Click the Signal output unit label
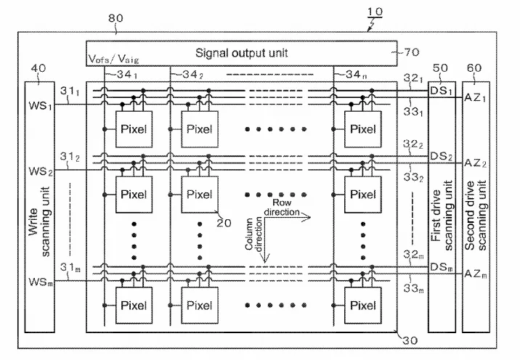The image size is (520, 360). coord(241,53)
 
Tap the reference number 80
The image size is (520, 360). coord(115,18)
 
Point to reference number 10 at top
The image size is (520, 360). coord(375,12)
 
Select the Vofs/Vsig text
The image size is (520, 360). coord(113,59)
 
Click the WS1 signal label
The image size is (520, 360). coord(41,106)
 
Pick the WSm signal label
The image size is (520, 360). coord(41,282)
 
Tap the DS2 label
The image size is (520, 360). coord(441,156)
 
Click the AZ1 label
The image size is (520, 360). coord(475,97)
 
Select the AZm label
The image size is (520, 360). coord(475,274)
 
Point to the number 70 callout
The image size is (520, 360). coord(412,52)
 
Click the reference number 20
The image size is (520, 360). coord(224,223)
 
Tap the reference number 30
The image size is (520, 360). coord(410,340)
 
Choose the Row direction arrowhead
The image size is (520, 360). coord(307,218)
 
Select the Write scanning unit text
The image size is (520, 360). coord(39,222)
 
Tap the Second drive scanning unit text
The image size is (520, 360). coord(476,216)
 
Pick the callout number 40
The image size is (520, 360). coord(38,68)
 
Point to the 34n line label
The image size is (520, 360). coord(357,75)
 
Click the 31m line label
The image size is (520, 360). coord(70,267)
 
